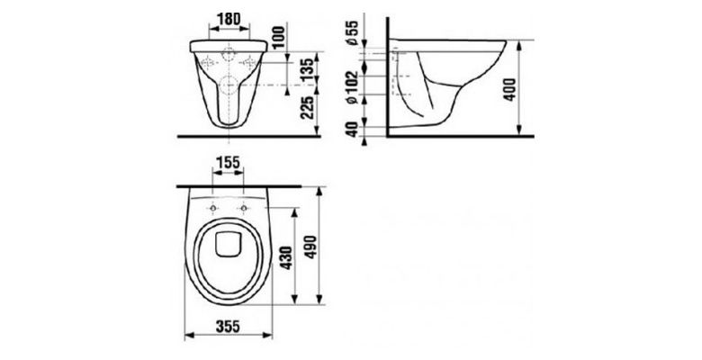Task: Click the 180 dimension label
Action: [229, 19]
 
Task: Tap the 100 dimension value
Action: [278, 37]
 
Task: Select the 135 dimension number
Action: [307, 69]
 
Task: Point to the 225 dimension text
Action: [307, 107]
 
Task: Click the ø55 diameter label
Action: [353, 32]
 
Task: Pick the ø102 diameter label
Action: [353, 87]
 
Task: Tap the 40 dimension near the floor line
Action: [353, 129]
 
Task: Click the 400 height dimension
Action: [510, 90]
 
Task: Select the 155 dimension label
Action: [228, 162]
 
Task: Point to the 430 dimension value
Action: [286, 257]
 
